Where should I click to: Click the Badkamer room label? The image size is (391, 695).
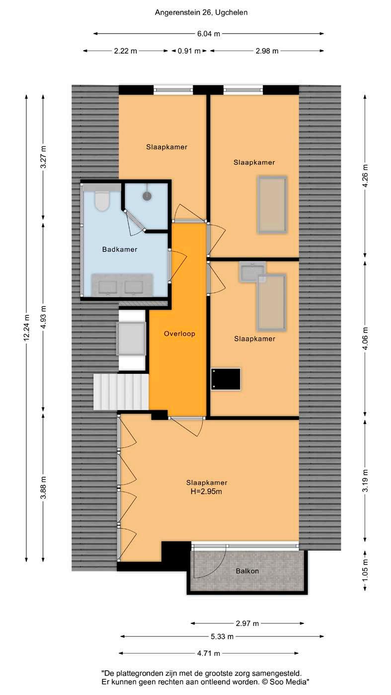pos(120,249)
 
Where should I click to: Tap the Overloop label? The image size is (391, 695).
pos(179,334)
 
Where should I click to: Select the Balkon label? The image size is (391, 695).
pos(247,571)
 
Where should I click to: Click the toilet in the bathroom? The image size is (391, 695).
pos(101,200)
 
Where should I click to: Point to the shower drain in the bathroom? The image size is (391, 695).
pos(147,196)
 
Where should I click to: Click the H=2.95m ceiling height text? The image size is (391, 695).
pos(207,492)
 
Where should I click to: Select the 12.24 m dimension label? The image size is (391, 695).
pos(27,328)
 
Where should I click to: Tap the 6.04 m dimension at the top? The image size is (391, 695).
pos(209,34)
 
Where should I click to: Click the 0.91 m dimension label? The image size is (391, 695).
pos(189,51)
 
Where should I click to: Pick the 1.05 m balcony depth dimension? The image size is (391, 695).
pos(366,571)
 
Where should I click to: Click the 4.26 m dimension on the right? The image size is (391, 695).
pos(366,175)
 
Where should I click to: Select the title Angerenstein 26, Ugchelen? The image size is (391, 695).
pos(201,13)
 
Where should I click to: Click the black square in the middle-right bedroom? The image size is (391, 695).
pos(226,379)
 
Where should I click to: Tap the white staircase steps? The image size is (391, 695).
pos(121,392)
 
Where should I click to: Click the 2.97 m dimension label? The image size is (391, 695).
pos(247,623)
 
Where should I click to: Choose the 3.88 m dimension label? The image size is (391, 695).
pos(44,487)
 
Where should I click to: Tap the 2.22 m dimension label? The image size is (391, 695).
pos(125,51)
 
